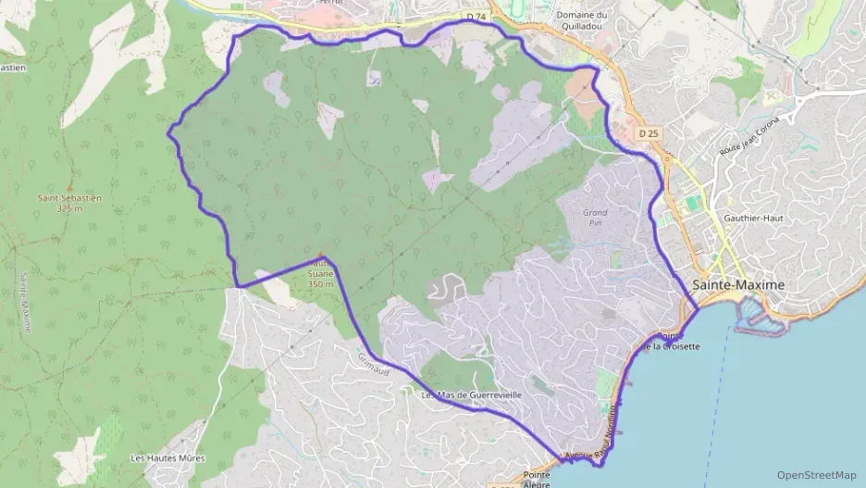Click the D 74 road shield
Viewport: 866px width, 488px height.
click(476, 17)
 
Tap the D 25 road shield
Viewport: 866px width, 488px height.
click(649, 133)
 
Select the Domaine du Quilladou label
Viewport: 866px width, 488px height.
click(582, 20)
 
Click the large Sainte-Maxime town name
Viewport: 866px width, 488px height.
click(738, 284)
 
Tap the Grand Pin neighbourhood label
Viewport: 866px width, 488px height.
click(595, 218)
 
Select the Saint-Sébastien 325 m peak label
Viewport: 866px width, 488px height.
click(69, 203)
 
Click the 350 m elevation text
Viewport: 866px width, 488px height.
click(319, 284)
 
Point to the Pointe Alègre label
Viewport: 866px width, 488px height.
click(537, 479)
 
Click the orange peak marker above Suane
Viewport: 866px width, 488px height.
click(320, 255)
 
